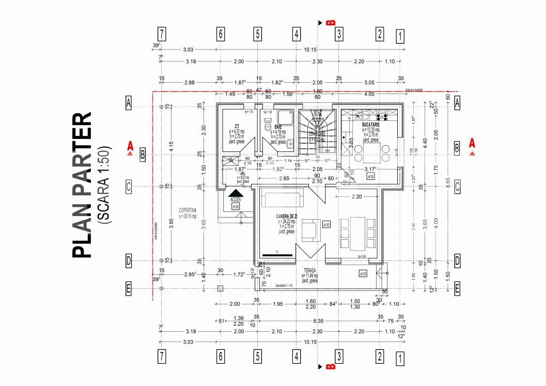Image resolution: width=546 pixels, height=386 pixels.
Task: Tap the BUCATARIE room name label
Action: pyautogui.click(x=371, y=125)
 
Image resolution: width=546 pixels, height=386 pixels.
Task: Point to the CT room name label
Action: pyautogui.click(x=237, y=126)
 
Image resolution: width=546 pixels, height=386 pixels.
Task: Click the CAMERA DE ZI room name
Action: pyautogui.click(x=286, y=215)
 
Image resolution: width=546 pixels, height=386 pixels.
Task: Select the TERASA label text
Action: pyautogui.click(x=310, y=270)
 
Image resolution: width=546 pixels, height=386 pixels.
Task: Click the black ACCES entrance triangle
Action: pyautogui.click(x=236, y=193)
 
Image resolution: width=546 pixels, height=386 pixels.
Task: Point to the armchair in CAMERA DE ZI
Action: pyautogui.click(x=311, y=229)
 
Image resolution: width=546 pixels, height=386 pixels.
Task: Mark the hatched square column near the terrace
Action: pyautogui.click(x=221, y=288)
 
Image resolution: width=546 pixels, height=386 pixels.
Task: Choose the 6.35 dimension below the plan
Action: pyautogui.click(x=318, y=320)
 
